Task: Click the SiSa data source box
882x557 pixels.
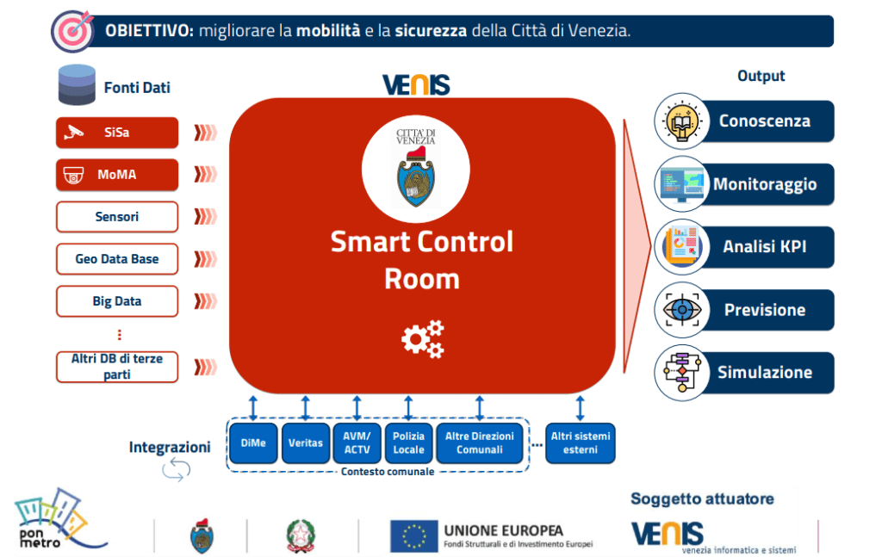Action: pyautogui.click(x=117, y=133)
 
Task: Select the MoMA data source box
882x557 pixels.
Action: pyautogui.click(x=117, y=175)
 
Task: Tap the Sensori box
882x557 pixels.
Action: pyautogui.click(x=117, y=217)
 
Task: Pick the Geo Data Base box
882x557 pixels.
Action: pyautogui.click(x=117, y=259)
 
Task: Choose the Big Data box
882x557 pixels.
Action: pyautogui.click(x=117, y=301)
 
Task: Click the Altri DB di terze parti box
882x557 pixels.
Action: pyautogui.click(x=117, y=366)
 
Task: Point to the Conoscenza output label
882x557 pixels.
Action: pyautogui.click(x=765, y=121)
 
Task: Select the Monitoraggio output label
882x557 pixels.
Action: pyautogui.click(x=765, y=184)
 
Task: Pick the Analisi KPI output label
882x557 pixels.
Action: pyautogui.click(x=765, y=248)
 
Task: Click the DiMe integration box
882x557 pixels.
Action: pyautogui.click(x=253, y=443)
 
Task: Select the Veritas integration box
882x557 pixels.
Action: pyautogui.click(x=306, y=443)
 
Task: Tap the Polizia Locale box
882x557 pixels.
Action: pyautogui.click(x=408, y=443)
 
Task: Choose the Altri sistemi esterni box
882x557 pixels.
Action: pyautogui.click(x=580, y=443)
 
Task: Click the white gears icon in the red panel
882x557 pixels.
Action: pyautogui.click(x=423, y=338)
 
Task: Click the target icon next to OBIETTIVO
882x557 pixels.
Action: pyautogui.click(x=72, y=31)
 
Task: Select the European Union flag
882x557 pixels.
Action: pyautogui.click(x=413, y=535)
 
